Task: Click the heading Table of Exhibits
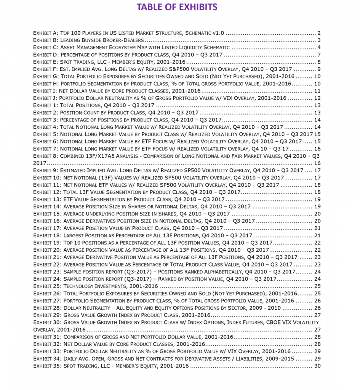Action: coord(177,7)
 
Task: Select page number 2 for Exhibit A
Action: coord(319,33)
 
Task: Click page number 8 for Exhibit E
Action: coord(319,62)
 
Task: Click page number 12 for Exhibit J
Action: coord(317,98)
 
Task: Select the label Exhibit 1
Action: coord(45,105)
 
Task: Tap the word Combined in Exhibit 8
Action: coord(77,156)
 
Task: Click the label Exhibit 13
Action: coord(47,200)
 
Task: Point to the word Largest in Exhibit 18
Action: coord(75,236)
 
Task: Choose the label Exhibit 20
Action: coord(47,250)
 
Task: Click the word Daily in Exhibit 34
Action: coord(71,359)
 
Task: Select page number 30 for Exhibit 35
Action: coord(317,366)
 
